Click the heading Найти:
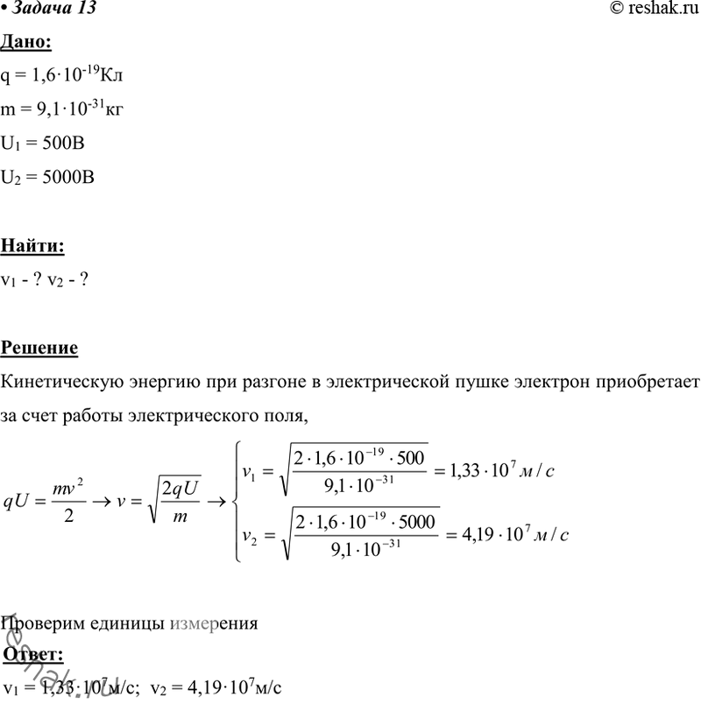(x=33, y=246)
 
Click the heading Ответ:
(x=33, y=653)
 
